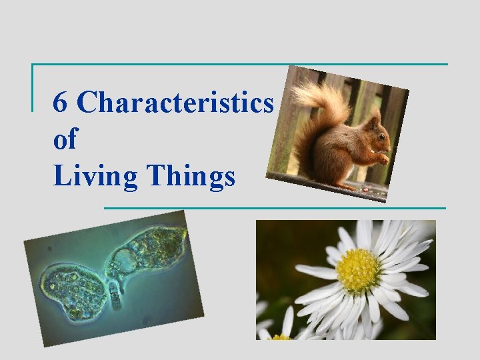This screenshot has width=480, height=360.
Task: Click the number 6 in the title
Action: click(x=60, y=103)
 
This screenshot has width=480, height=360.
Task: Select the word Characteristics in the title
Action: click(x=175, y=103)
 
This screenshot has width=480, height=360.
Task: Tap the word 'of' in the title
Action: click(x=64, y=139)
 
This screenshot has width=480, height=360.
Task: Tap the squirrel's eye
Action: click(x=381, y=138)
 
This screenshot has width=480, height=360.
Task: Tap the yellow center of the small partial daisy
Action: click(x=280, y=337)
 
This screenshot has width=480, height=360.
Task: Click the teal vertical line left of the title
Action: click(x=33, y=87)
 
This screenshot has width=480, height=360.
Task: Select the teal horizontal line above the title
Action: click(x=240, y=64)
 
